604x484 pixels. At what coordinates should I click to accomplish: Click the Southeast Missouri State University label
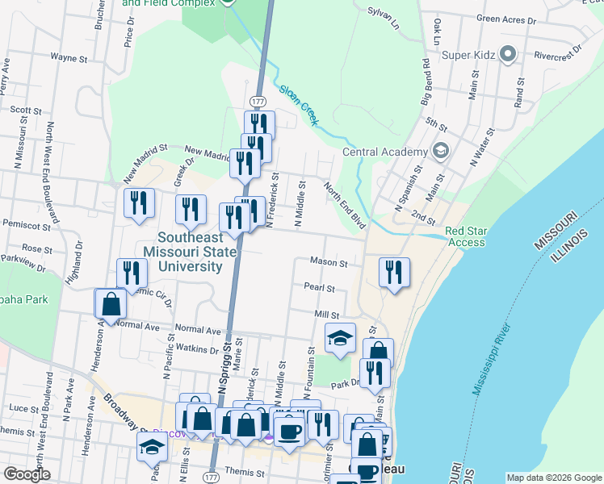tap(190, 252)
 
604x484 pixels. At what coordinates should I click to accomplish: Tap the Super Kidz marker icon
tap(508, 55)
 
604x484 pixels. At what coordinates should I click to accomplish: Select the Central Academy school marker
tap(441, 151)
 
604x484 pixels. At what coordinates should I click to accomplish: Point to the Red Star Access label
tap(466, 236)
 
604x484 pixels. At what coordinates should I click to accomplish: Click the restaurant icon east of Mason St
tap(394, 272)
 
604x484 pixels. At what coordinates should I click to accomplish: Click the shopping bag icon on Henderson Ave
tap(111, 304)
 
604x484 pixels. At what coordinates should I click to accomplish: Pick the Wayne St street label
tap(69, 58)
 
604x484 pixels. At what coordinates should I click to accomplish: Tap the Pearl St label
tap(319, 286)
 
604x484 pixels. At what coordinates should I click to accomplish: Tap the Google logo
tap(27, 474)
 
